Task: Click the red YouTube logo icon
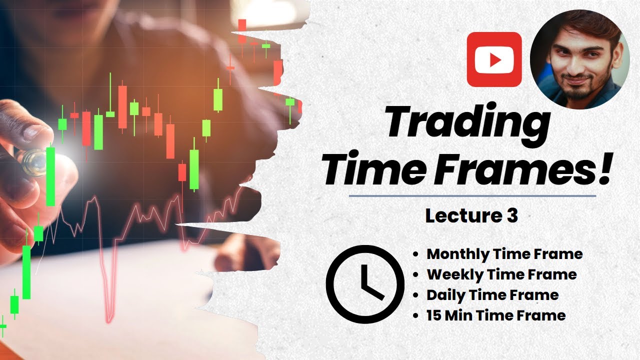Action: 494,59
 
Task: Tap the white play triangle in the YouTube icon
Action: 495,60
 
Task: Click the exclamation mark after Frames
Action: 603,167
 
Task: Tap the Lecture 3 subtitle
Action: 471,216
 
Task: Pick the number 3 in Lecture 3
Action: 511,216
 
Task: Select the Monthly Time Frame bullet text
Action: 504,254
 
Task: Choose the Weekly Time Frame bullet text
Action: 501,274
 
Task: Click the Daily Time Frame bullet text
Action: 492,295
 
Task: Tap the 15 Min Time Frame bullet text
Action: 496,315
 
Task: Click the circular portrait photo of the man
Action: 579,58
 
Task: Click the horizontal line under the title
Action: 472,196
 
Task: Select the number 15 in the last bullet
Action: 433,315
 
